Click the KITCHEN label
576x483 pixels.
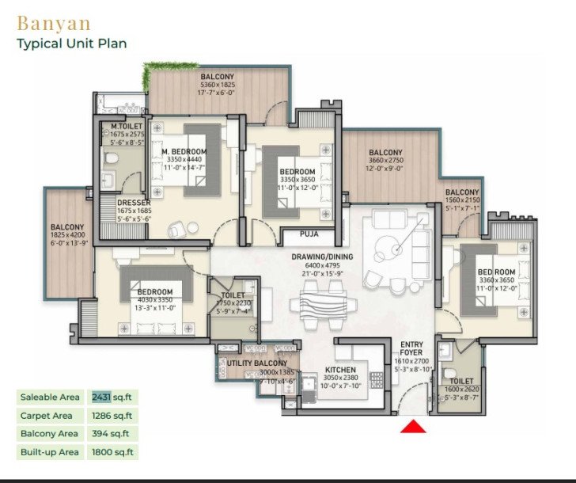coord(339,370)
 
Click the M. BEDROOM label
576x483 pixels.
coord(184,151)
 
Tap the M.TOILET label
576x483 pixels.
coord(126,126)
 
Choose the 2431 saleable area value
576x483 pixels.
coord(101,396)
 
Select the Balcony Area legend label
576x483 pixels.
coord(49,434)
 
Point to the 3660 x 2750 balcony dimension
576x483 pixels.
coord(385,161)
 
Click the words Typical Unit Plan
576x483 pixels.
coord(72,43)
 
